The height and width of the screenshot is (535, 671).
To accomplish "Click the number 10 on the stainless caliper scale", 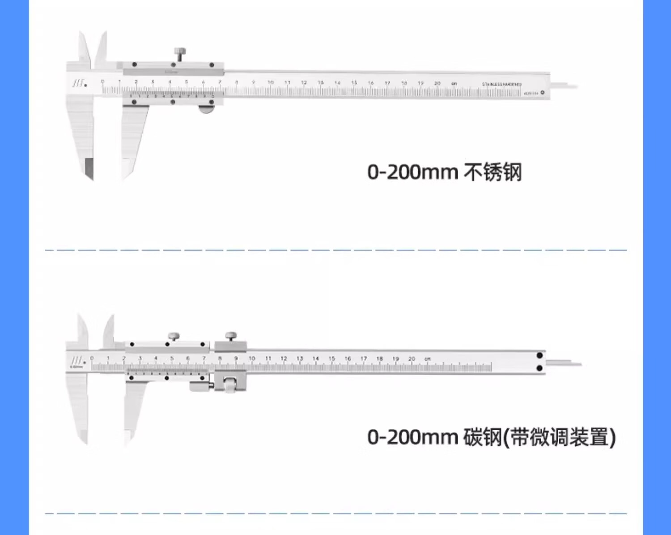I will [270, 82].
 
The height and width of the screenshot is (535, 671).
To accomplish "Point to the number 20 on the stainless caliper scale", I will [437, 83].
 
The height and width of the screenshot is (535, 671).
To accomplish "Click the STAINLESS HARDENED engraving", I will [501, 84].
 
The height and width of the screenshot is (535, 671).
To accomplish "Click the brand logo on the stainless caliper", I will [79, 83].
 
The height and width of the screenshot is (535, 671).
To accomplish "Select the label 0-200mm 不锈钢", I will [444, 172].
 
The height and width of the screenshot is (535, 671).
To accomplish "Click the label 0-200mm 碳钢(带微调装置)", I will [491, 437].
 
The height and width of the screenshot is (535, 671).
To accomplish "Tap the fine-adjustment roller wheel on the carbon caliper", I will [230, 385].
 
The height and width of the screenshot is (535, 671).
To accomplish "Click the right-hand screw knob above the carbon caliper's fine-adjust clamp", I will [231, 335].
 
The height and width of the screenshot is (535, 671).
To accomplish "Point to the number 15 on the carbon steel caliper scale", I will [331, 359].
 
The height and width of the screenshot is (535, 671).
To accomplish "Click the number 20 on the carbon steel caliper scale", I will [412, 359].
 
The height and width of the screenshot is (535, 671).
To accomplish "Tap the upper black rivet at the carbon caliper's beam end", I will [539, 355].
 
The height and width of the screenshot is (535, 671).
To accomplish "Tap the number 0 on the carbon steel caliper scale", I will [92, 358].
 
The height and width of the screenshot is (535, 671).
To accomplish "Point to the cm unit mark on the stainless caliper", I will [454, 84].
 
